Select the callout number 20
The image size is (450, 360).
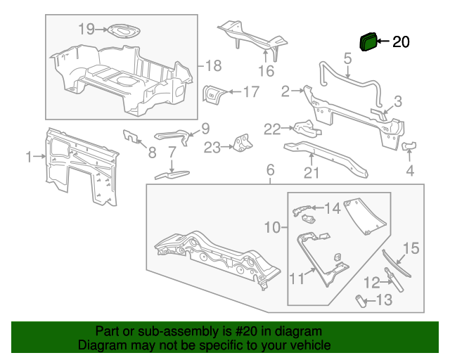(400, 42)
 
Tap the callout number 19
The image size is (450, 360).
(86, 29)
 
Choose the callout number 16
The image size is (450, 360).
(265, 70)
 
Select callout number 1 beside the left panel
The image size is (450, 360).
(29, 157)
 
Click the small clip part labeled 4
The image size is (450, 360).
(409, 146)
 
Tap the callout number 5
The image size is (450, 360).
(347, 60)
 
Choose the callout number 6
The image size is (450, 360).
(269, 170)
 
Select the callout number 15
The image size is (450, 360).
(411, 248)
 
